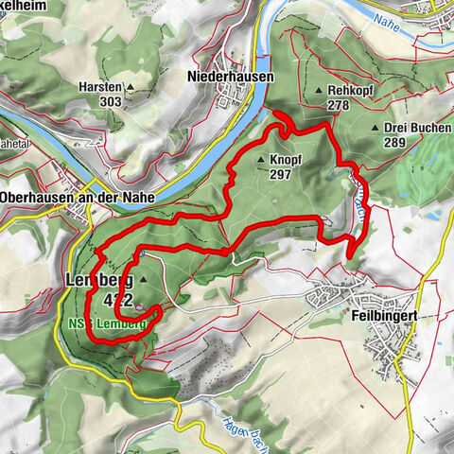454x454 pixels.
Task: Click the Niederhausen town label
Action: pyautogui.click(x=229, y=76)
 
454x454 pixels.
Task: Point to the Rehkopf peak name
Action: pyautogui.click(x=352, y=91)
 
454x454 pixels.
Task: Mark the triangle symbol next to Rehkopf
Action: pyautogui.click(x=319, y=91)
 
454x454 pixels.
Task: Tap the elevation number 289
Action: pyautogui.click(x=394, y=143)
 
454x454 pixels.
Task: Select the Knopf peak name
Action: pyautogui.click(x=286, y=160)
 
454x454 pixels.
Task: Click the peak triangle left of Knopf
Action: pyautogui.click(x=261, y=160)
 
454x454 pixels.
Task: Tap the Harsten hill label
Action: pyautogui.click(x=101, y=85)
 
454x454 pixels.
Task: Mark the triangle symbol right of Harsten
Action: pyautogui.click(x=131, y=86)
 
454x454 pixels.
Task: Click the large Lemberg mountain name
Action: pyautogui.click(x=97, y=281)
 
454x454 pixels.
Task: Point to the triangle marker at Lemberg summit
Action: pyautogui.click(x=144, y=281)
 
